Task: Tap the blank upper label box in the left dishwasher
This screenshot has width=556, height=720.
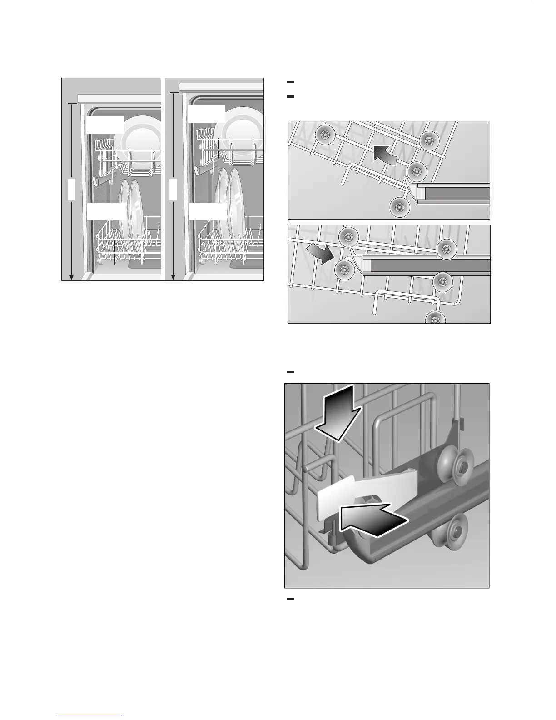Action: tap(104, 124)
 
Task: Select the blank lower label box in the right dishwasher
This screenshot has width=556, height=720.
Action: tap(208, 212)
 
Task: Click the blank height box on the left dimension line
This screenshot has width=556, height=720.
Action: tap(71, 189)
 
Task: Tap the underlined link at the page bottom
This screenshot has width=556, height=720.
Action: tap(90, 716)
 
